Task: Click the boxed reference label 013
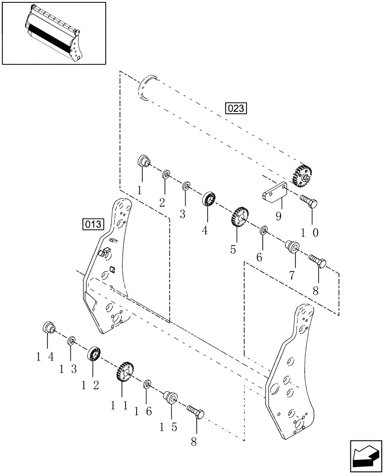92,224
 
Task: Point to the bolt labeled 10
309,202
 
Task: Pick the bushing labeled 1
143,162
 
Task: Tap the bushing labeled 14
49,327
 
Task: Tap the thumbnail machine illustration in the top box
53,33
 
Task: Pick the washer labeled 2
166,174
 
